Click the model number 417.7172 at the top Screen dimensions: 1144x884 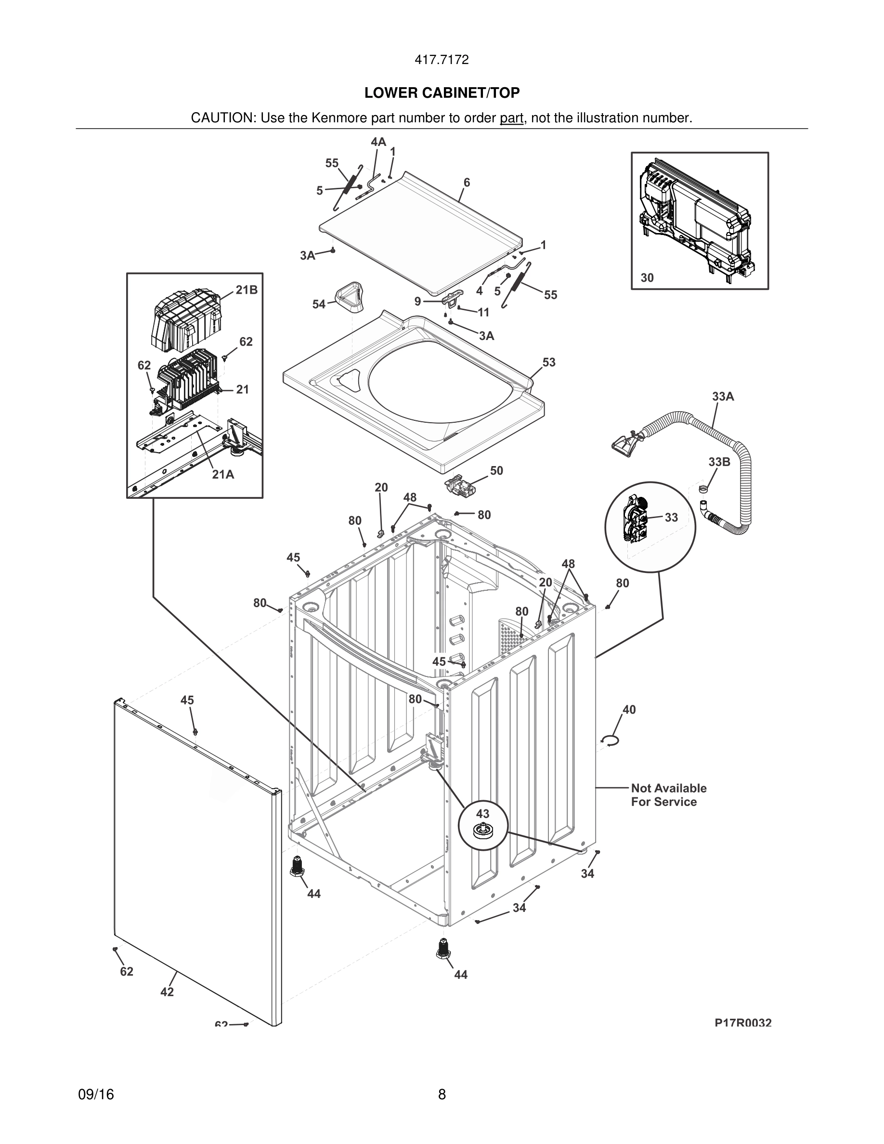[442, 60]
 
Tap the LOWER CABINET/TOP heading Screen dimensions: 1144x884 [442, 93]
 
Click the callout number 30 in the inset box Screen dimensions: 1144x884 [647, 278]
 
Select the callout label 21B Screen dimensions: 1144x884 [246, 290]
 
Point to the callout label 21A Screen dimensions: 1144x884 [222, 474]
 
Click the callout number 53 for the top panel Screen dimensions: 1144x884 [548, 362]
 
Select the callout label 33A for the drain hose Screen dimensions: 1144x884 [723, 397]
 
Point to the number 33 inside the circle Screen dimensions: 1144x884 [671, 517]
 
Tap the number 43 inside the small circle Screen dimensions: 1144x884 [482, 814]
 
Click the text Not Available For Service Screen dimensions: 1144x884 [668, 794]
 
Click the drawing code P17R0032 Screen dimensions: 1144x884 [742, 1023]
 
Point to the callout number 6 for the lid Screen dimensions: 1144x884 [466, 182]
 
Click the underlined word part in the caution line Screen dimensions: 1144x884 [511, 118]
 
